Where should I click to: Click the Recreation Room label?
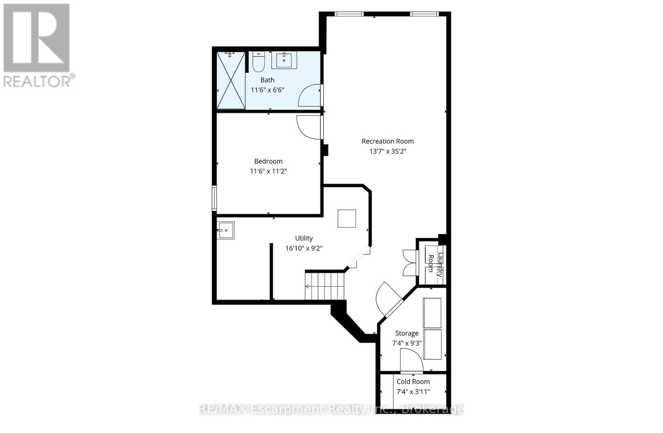(x=387, y=141)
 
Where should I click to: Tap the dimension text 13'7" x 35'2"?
(x=387, y=152)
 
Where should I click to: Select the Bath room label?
(x=267, y=80)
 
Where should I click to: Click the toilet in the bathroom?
(x=258, y=62)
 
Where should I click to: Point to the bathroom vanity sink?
(x=284, y=60)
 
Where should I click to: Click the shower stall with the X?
(x=231, y=80)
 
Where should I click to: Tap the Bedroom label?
(x=268, y=161)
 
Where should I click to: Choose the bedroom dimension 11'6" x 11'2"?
(x=268, y=171)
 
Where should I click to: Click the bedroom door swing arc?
(x=307, y=126)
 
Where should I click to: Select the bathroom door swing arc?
(x=309, y=95)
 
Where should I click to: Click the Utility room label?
(x=304, y=238)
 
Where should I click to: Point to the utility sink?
(x=226, y=230)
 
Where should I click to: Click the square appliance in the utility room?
(x=346, y=218)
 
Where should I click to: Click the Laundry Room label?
(x=435, y=263)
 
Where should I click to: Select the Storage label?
(x=407, y=333)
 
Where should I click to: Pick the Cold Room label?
(x=413, y=382)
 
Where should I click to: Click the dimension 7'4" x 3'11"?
(x=413, y=392)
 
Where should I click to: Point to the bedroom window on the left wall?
(x=214, y=198)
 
